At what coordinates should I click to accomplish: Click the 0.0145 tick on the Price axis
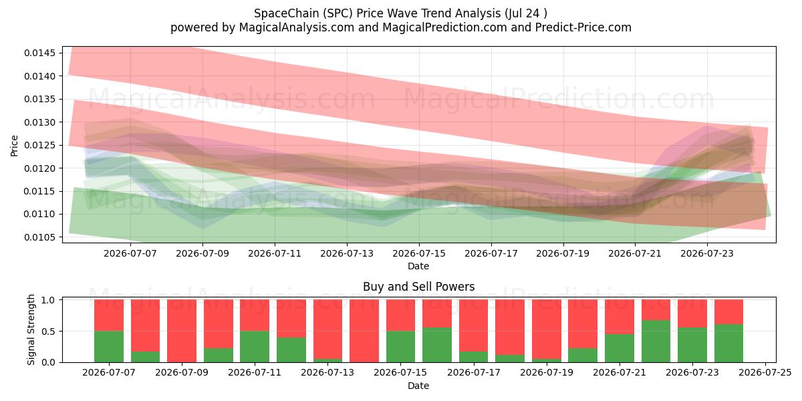click(x=40, y=53)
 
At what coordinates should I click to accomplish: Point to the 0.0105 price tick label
click(x=40, y=237)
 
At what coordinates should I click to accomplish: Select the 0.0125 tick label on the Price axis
click(x=40, y=146)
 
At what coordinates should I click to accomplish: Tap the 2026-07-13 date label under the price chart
click(x=347, y=253)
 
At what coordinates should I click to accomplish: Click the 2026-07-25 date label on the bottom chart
click(x=765, y=373)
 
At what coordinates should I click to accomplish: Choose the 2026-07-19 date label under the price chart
click(x=563, y=253)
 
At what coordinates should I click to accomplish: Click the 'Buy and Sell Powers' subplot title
click(x=419, y=287)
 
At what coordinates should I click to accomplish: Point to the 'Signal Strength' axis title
click(x=31, y=329)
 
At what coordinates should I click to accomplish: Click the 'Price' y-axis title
click(x=14, y=146)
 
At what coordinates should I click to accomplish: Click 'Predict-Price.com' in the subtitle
click(x=583, y=27)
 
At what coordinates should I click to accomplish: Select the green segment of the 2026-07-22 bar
click(x=656, y=342)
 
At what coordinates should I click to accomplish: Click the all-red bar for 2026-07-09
click(x=182, y=331)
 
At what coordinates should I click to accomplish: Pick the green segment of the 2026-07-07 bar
click(x=109, y=347)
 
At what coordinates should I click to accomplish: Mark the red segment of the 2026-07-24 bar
click(x=729, y=312)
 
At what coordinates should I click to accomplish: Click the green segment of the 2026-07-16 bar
click(x=437, y=345)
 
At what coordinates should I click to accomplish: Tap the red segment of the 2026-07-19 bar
click(x=547, y=329)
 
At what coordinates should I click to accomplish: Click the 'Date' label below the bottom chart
click(x=418, y=386)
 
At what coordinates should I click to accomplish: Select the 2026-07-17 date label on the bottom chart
click(x=474, y=373)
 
